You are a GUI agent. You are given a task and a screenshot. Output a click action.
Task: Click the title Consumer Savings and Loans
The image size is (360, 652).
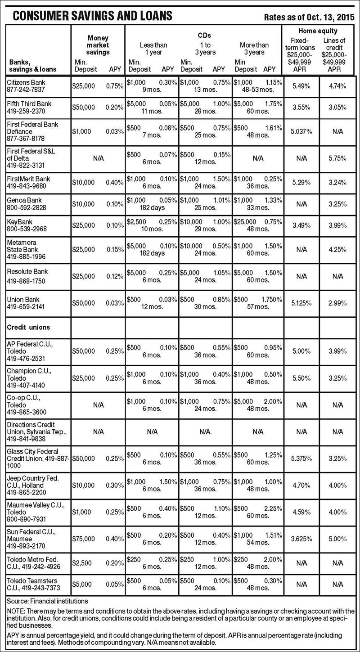(92, 16)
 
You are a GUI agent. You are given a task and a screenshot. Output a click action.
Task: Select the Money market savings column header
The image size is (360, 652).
(98, 45)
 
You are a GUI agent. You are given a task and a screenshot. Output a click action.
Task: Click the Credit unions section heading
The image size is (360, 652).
(28, 327)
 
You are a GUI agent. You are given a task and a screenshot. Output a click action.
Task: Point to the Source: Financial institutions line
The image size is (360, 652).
(48, 601)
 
